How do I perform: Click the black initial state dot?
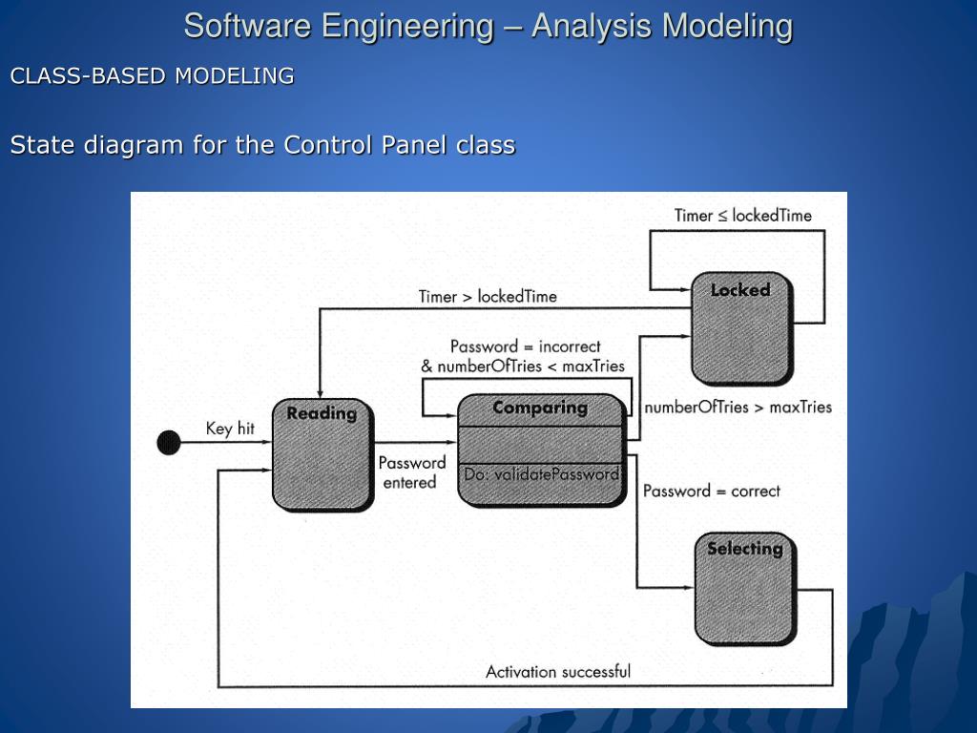[x=169, y=443]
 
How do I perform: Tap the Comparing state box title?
[x=540, y=408]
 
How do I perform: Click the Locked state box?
[x=740, y=327]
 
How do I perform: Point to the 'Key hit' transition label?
[x=230, y=429]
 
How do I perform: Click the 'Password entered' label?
[x=411, y=472]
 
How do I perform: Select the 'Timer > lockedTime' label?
[x=488, y=296]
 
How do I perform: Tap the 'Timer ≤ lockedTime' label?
[x=742, y=216]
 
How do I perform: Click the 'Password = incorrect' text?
[x=525, y=346]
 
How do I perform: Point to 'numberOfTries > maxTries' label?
[x=738, y=408]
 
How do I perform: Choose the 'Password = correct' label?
[x=711, y=491]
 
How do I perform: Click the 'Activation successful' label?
[x=558, y=671]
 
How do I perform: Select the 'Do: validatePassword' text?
[x=542, y=474]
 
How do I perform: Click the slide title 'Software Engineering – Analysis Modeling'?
[x=488, y=26]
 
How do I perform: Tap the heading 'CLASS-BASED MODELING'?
[x=152, y=76]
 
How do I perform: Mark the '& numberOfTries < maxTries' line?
[x=523, y=366]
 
